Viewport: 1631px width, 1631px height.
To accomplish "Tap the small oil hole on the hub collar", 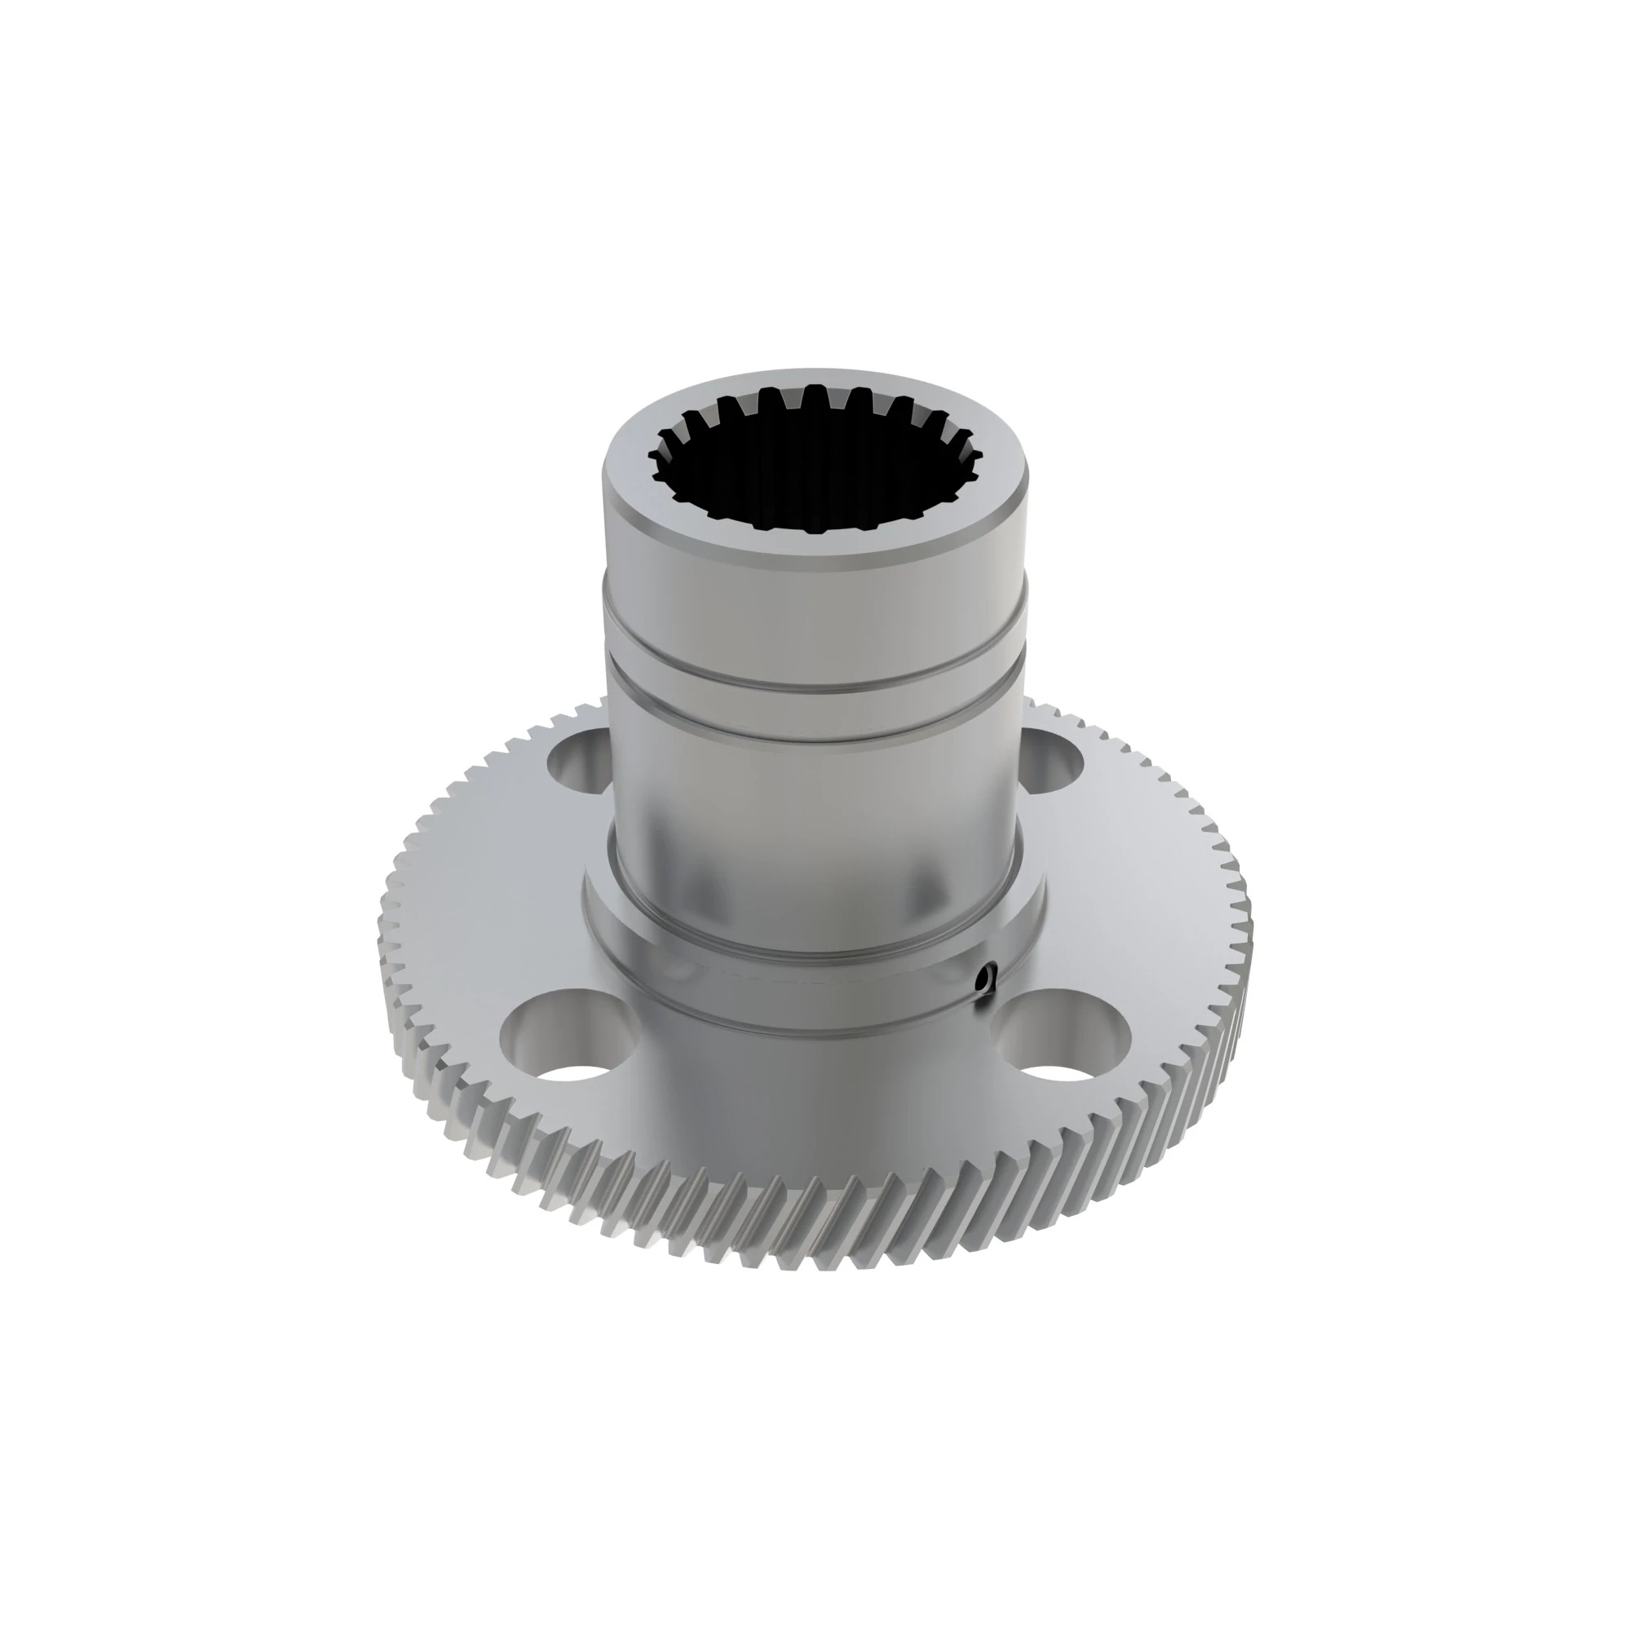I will tap(984, 979).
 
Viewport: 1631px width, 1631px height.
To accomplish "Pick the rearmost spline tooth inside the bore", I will tap(815, 397).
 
